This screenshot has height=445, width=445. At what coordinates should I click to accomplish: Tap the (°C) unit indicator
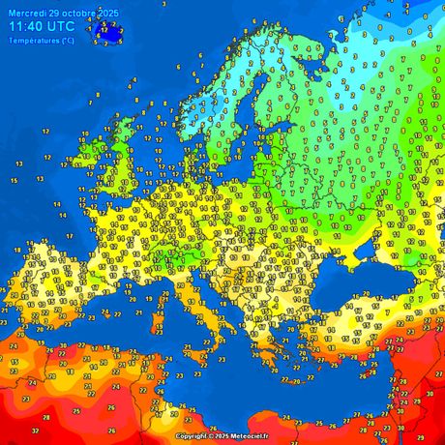click(x=67, y=41)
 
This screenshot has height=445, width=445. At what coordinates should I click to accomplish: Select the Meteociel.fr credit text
click(x=249, y=436)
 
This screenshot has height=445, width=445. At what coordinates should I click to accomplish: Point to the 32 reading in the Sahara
click(x=35, y=430)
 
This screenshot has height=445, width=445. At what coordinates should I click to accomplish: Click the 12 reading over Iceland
click(x=103, y=31)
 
